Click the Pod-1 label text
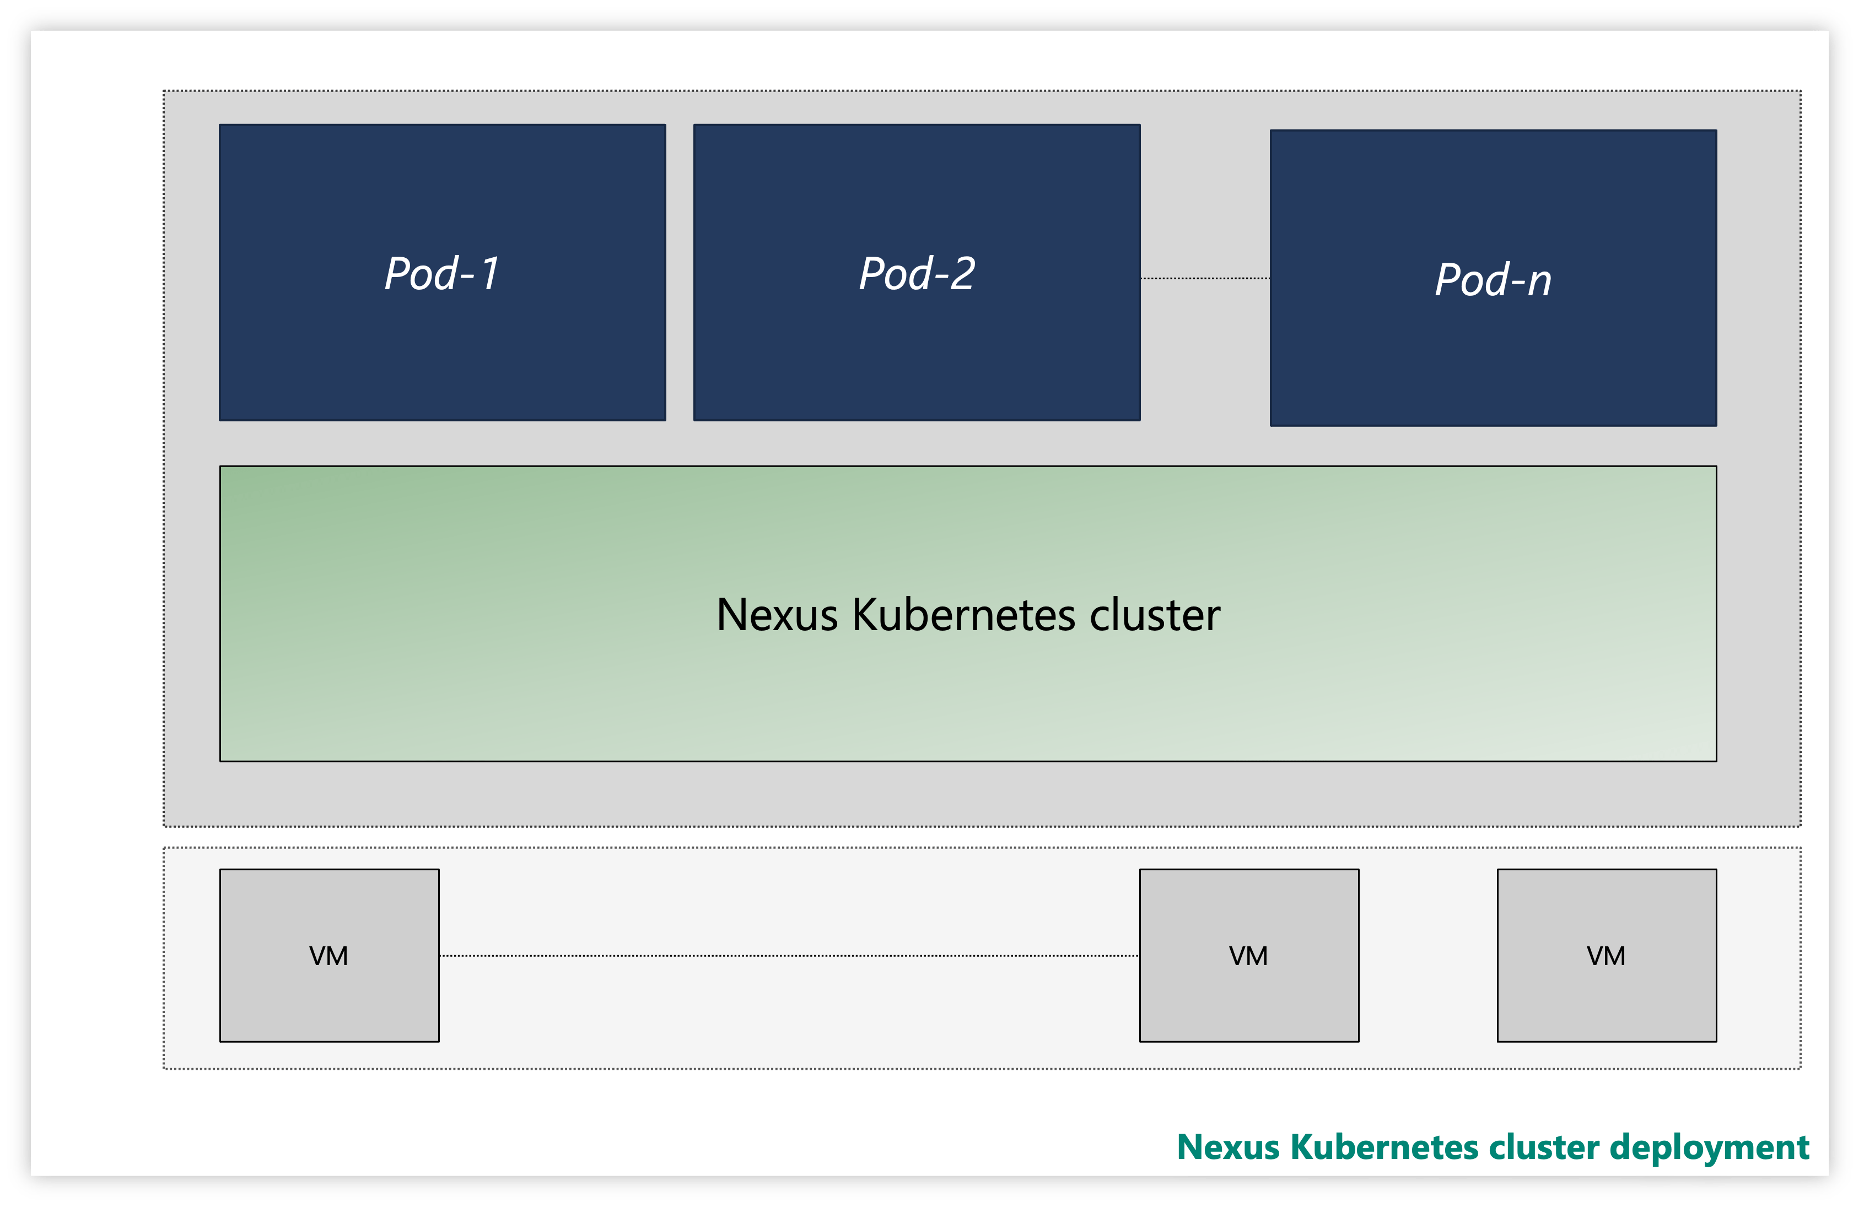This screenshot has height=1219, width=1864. (x=441, y=274)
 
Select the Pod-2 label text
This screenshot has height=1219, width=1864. (x=917, y=274)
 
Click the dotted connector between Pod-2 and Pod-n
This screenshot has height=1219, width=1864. (x=1205, y=278)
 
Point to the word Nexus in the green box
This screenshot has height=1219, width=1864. (x=777, y=615)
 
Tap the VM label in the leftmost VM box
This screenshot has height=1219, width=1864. (x=329, y=956)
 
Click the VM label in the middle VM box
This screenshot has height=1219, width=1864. (x=1248, y=956)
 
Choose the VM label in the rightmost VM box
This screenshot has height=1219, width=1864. (x=1606, y=956)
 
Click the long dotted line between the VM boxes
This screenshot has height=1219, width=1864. (x=789, y=955)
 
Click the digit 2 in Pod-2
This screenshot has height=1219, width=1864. (x=962, y=274)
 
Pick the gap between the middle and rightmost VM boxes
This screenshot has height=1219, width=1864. (x=1427, y=955)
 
